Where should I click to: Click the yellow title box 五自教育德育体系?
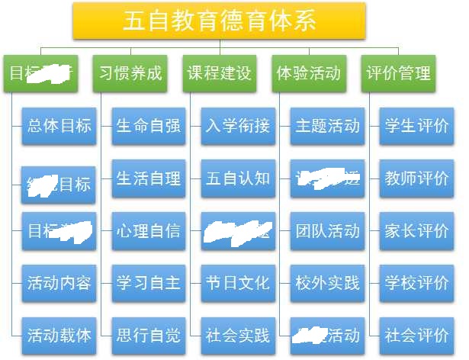coord(220,21)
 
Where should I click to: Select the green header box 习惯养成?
coord(131,74)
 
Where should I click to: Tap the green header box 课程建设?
coord(220,74)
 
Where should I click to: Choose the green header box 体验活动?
coord(308,74)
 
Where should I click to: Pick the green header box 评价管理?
coord(398,74)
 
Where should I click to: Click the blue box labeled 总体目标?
coord(59,126)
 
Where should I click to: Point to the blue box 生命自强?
coord(148,126)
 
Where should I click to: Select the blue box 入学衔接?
coord(237,126)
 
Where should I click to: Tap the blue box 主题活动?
coord(326,126)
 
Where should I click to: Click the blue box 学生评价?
coord(416,126)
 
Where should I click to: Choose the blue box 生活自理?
coord(148,178)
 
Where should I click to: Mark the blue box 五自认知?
coord(237,178)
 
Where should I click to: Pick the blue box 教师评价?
coord(416,178)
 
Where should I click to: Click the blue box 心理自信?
coord(148,230)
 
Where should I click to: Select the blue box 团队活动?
coord(326,230)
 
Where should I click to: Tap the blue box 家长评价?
coord(416,230)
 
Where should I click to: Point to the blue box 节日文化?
coord(237,283)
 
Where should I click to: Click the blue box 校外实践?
coord(326,283)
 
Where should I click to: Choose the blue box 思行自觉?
coord(148,335)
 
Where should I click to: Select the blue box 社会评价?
coord(416,335)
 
